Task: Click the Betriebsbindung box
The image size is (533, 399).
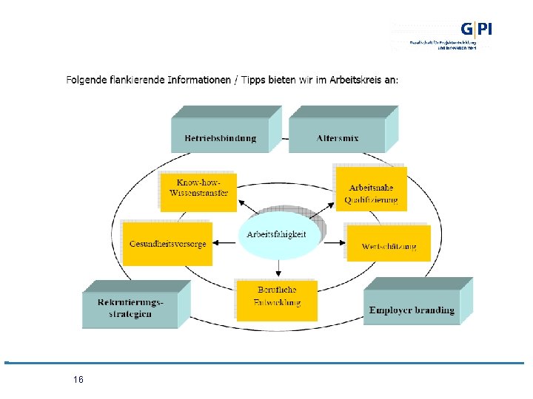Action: click(x=220, y=137)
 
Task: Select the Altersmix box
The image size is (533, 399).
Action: click(x=337, y=137)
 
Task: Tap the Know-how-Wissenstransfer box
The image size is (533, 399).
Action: click(x=198, y=188)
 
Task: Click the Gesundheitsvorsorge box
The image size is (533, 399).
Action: click(x=167, y=244)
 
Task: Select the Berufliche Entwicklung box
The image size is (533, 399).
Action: click(x=277, y=298)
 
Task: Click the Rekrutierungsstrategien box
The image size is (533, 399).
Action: click(x=130, y=308)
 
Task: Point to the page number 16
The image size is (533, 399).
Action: click(x=78, y=380)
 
